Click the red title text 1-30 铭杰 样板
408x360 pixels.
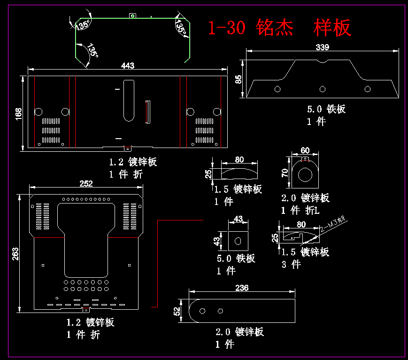(x=279, y=28)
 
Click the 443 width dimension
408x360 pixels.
(x=128, y=66)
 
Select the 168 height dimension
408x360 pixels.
(x=18, y=113)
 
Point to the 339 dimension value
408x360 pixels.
(x=322, y=47)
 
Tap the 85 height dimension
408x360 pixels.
(x=239, y=79)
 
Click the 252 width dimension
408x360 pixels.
(x=86, y=184)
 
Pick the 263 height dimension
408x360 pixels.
(x=15, y=254)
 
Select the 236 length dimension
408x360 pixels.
(x=242, y=288)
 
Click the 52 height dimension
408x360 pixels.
(x=177, y=311)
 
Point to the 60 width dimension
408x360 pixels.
(x=305, y=150)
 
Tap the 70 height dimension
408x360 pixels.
(x=285, y=172)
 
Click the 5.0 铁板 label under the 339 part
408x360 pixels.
(x=326, y=110)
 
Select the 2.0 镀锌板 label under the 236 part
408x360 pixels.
(x=239, y=332)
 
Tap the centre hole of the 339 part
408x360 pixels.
(x=323, y=89)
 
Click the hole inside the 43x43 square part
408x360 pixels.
(x=238, y=242)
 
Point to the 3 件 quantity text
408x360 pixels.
(x=291, y=264)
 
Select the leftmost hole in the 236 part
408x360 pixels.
(x=203, y=311)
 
